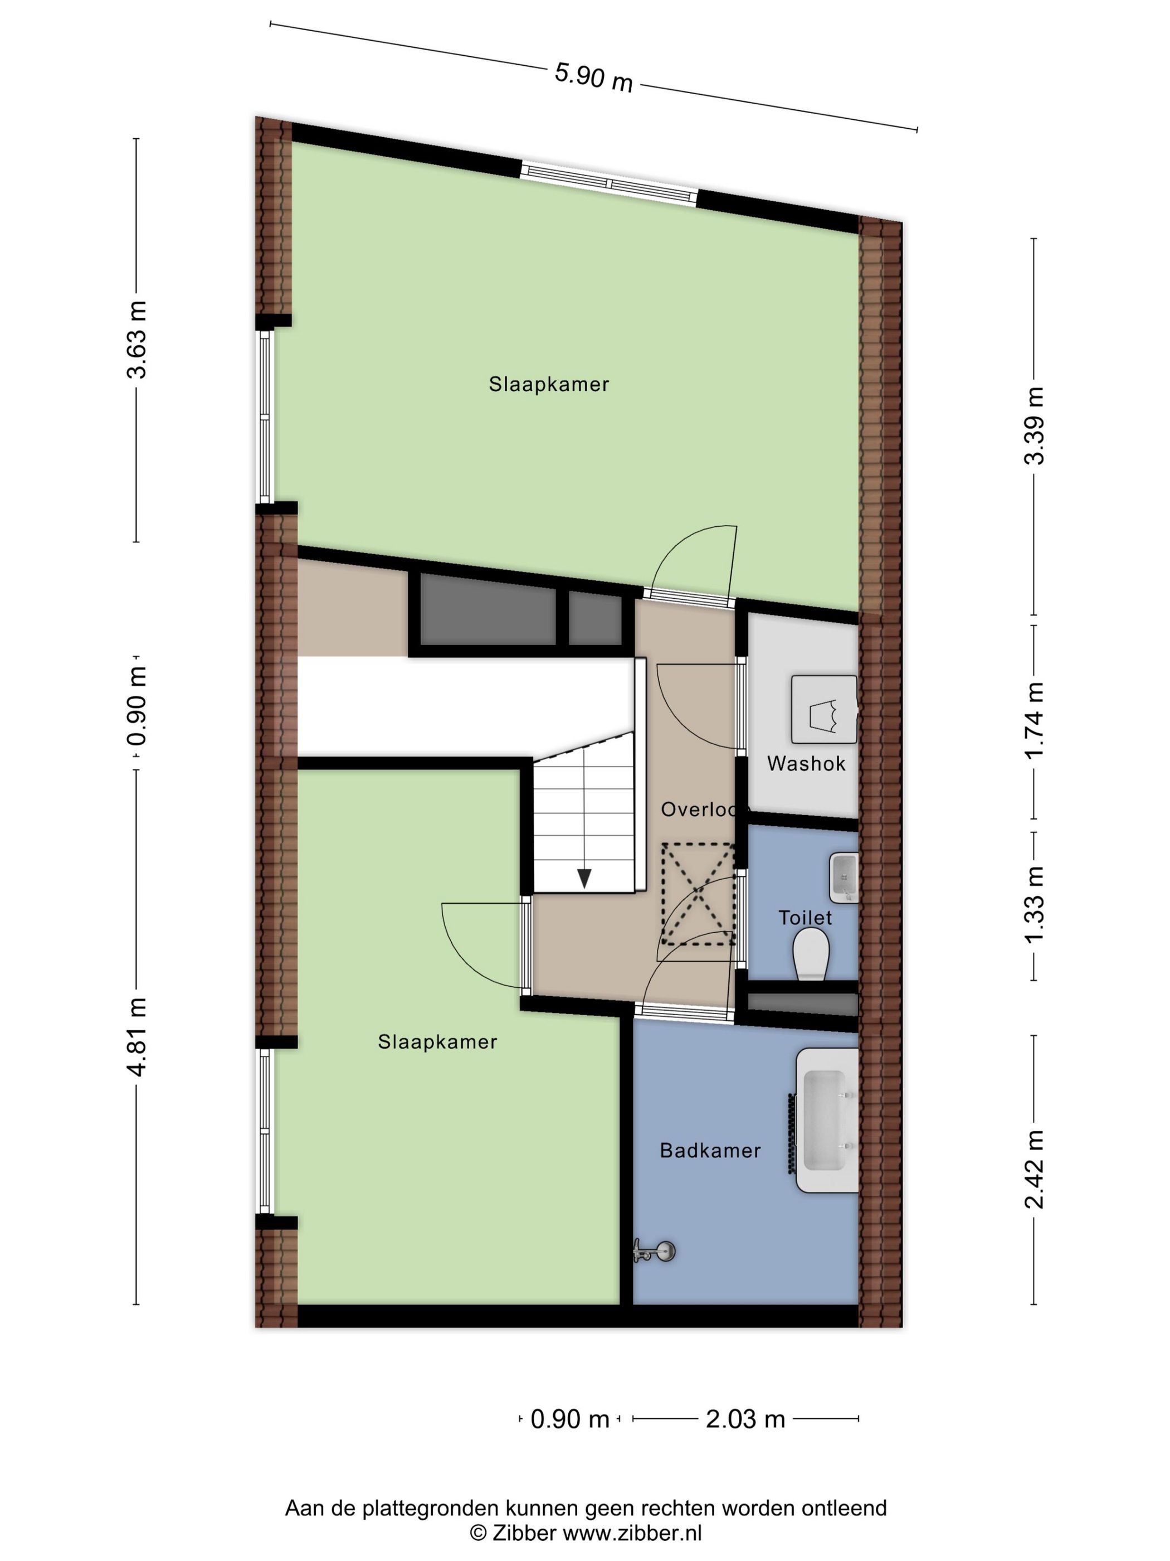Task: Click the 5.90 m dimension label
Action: pyautogui.click(x=593, y=76)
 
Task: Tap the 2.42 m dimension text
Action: pyautogui.click(x=1034, y=1169)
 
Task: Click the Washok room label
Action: pyautogui.click(x=806, y=764)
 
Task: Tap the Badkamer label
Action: pyautogui.click(x=710, y=1150)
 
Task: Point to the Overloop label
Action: pyautogui.click(x=699, y=809)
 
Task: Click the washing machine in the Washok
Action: pyautogui.click(x=823, y=709)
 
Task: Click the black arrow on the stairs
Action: pyautogui.click(x=584, y=878)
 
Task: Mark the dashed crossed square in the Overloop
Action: pyautogui.click(x=698, y=894)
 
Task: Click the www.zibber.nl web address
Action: pyautogui.click(x=632, y=1532)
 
